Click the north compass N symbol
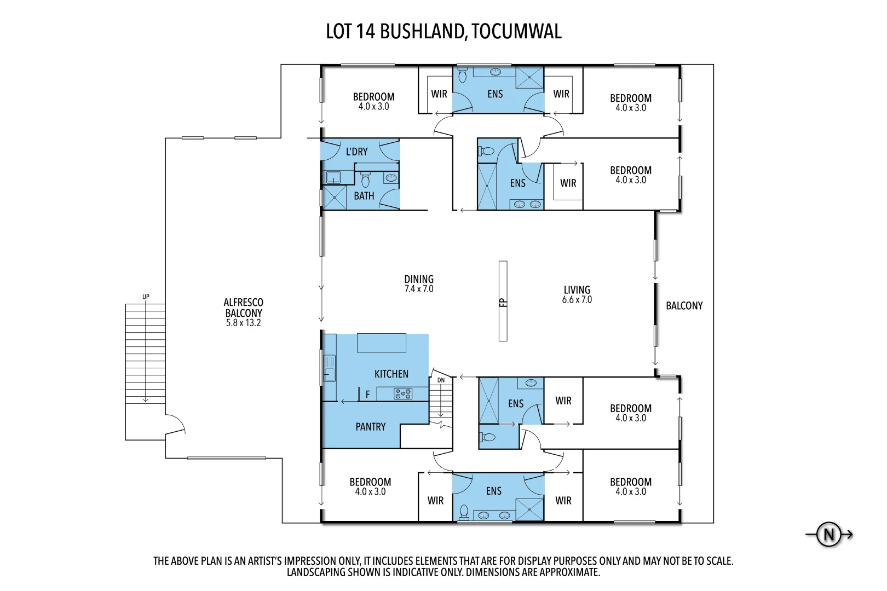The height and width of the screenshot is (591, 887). [x=829, y=534]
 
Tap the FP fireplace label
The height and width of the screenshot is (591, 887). [x=503, y=302]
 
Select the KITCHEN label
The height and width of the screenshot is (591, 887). [x=391, y=374]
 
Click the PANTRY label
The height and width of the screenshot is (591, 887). [x=370, y=427]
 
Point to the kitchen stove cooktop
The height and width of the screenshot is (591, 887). [x=403, y=393]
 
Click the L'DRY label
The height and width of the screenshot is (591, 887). [x=356, y=152]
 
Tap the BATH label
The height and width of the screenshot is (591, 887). [x=364, y=196]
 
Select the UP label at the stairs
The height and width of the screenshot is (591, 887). [x=146, y=297]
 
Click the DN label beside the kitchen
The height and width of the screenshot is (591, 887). [x=441, y=380]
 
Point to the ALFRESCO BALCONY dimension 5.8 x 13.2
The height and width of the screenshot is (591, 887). [x=243, y=323]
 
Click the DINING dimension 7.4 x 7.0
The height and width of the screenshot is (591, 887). [x=419, y=289]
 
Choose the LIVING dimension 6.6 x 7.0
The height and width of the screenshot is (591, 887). [x=577, y=300]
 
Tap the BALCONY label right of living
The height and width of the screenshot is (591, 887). [x=684, y=306]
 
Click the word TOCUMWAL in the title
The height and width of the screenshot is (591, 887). [x=516, y=32]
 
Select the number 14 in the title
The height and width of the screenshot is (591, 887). [x=365, y=32]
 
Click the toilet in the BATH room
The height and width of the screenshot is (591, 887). [x=365, y=179]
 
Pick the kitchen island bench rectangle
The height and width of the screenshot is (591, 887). [x=382, y=343]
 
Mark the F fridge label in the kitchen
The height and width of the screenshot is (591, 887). [x=368, y=394]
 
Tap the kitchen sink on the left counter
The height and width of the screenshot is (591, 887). [x=329, y=368]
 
